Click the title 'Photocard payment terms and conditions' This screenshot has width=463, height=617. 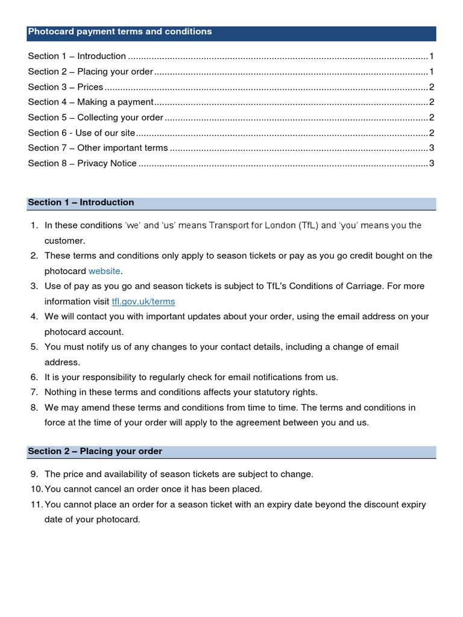[120, 31]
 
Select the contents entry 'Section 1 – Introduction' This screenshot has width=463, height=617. [77, 56]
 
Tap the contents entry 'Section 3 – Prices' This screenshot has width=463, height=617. [66, 87]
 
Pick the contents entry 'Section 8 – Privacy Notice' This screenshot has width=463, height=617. [83, 163]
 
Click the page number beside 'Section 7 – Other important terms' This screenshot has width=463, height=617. [432, 148]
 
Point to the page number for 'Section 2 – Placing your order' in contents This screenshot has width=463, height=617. [432, 72]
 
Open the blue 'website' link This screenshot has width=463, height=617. [104, 271]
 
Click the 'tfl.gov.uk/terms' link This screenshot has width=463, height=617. [143, 301]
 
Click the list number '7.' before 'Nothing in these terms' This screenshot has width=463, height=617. [34, 392]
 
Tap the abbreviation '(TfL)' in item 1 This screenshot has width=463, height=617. [305, 225]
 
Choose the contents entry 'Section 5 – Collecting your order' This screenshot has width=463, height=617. [96, 117]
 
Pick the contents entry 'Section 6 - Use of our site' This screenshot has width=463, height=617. [82, 133]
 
